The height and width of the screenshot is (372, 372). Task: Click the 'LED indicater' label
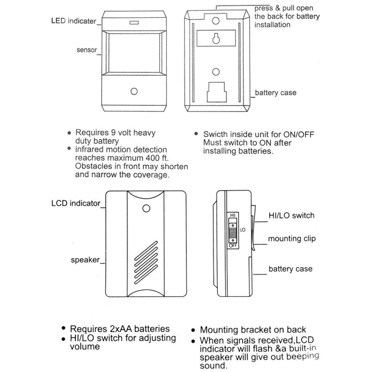[75, 21]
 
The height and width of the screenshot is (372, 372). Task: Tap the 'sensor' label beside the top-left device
[87, 50]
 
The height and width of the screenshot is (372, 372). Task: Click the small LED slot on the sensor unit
[133, 22]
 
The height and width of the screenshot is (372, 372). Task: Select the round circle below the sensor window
[133, 92]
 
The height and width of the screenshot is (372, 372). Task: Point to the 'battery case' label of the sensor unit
[275, 93]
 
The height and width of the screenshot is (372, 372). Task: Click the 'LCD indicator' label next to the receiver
[76, 203]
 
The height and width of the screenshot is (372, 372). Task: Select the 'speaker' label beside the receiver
[85, 259]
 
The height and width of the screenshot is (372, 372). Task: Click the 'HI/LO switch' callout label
[291, 215]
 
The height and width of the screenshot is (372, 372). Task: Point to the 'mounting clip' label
[292, 239]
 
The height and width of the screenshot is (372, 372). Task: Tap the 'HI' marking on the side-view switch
[232, 216]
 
